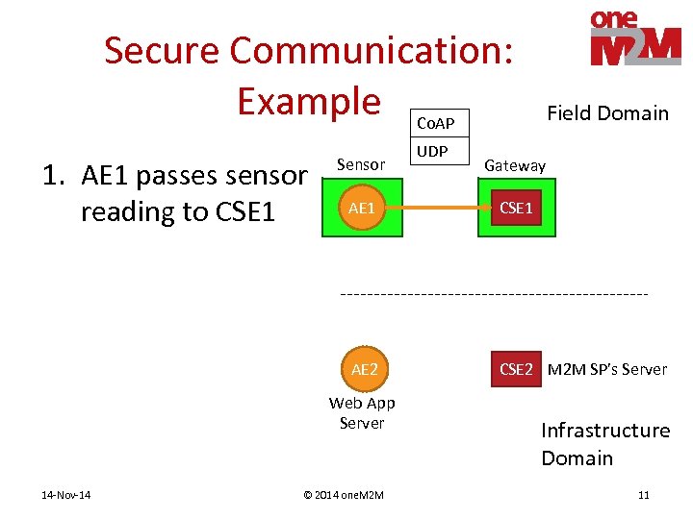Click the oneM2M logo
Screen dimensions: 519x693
tap(635, 38)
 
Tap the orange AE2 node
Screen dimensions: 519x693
tap(364, 369)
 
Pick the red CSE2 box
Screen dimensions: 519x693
tap(516, 369)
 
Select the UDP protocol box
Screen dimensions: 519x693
tap(433, 151)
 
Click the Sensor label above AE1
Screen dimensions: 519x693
tap(360, 164)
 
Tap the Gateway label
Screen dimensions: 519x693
tap(515, 165)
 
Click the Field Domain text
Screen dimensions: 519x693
tap(607, 113)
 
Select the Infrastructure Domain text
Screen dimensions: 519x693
tap(604, 444)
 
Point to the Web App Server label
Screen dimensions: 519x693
tap(362, 413)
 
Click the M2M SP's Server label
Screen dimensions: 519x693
tap(606, 369)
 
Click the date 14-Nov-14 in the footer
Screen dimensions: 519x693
tap(66, 495)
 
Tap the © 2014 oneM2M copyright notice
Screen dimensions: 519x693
tap(343, 495)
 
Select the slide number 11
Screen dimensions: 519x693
tap(643, 495)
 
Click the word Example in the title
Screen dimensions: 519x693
tap(309, 100)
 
